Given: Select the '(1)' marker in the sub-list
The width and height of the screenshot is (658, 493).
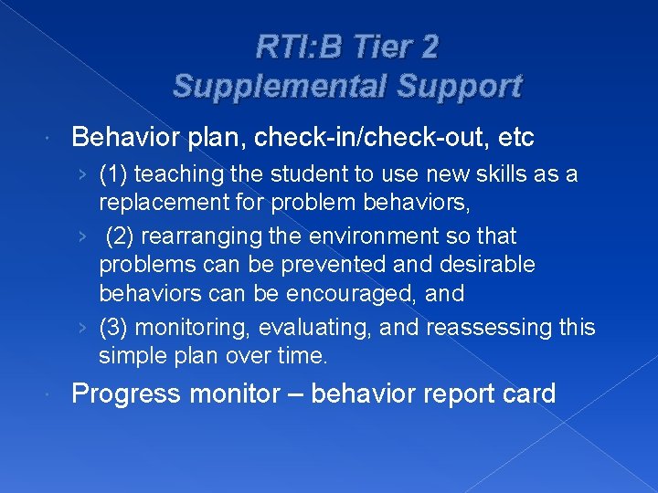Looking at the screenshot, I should (x=114, y=173).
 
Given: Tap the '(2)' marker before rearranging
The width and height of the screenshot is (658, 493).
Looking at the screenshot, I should (x=122, y=236).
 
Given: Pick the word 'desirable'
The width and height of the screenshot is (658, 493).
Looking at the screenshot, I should (x=483, y=265).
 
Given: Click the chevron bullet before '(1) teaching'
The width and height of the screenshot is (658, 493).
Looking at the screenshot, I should (x=83, y=174).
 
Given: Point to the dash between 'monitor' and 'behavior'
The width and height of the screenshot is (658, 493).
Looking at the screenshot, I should (x=294, y=395).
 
